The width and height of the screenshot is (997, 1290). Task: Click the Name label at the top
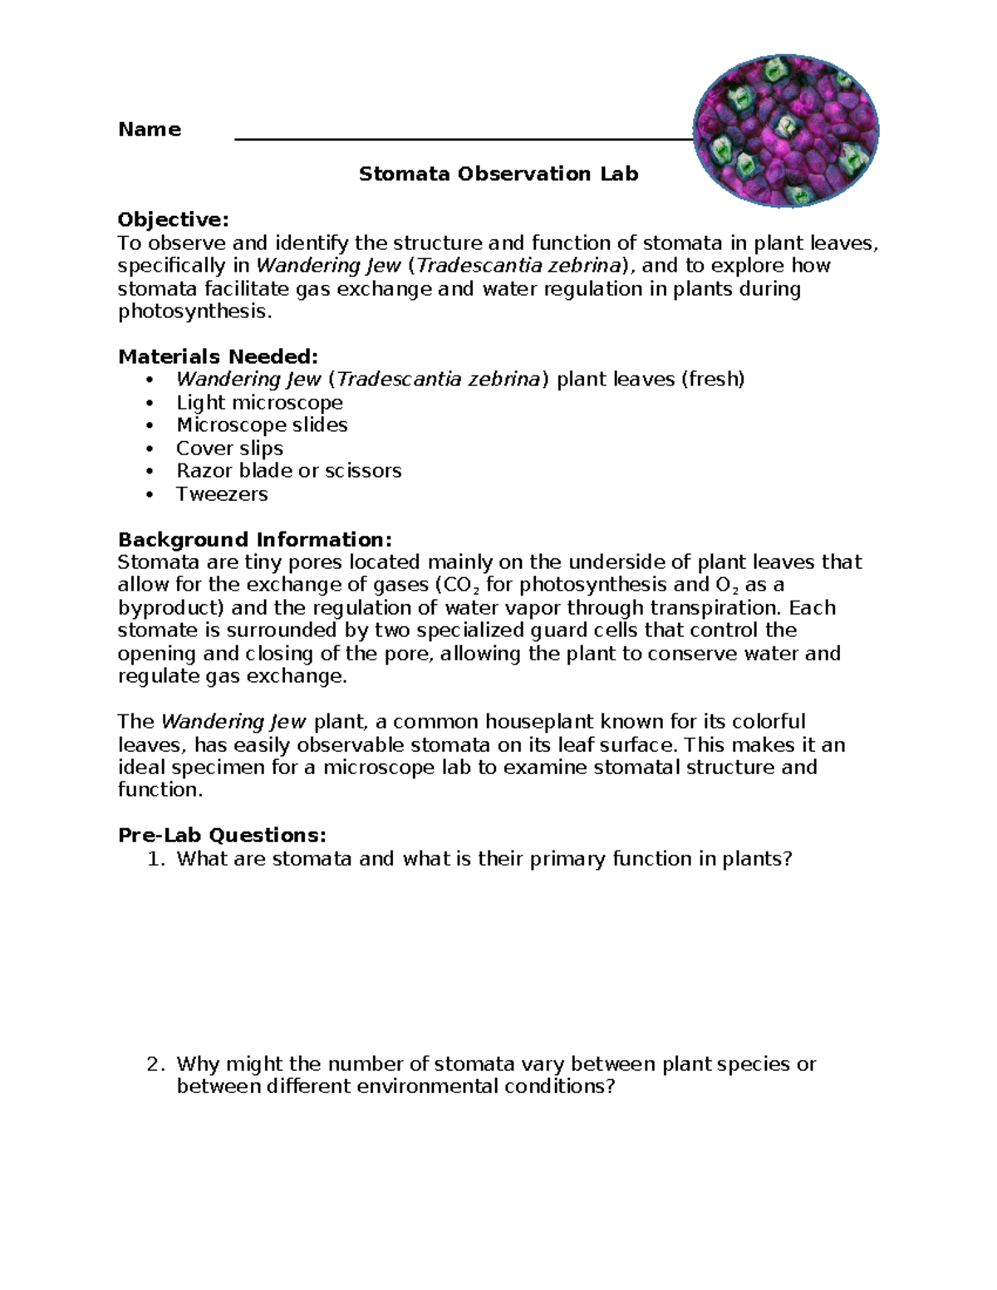(150, 130)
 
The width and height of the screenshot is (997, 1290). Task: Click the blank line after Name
(462, 139)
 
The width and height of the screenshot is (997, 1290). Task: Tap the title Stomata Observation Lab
(498, 174)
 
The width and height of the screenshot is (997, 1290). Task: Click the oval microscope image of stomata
(785, 131)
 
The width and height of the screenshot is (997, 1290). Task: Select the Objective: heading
(173, 220)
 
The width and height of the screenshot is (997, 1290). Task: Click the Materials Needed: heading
(218, 357)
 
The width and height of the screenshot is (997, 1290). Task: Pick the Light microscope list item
(259, 403)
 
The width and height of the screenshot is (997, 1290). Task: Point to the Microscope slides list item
(262, 425)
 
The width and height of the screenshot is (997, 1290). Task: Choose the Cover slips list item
(229, 449)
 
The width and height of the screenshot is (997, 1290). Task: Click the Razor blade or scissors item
(288, 471)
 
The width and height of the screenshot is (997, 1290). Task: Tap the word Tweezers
(222, 494)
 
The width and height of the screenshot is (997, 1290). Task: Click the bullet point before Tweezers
(150, 495)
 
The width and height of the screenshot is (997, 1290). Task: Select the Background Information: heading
(255, 540)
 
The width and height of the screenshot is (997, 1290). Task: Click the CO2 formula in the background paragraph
(462, 586)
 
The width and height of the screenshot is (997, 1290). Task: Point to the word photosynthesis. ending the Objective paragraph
(194, 312)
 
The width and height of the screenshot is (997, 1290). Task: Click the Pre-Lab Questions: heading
(223, 836)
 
